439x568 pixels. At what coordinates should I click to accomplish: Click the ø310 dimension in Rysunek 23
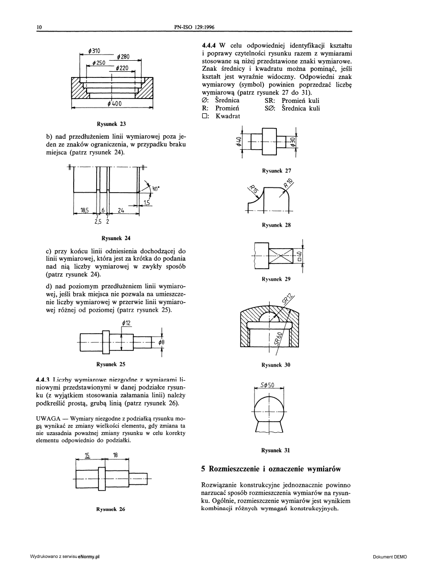[93, 50]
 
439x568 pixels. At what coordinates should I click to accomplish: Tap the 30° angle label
[156, 189]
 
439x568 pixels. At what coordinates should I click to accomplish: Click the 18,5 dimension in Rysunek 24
[84, 210]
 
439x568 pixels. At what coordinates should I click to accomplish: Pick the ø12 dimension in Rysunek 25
[126, 323]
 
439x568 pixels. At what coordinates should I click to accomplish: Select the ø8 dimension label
[162, 342]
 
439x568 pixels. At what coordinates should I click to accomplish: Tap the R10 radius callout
[288, 183]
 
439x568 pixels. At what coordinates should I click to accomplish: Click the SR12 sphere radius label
[287, 299]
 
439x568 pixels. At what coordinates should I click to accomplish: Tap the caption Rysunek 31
[275, 450]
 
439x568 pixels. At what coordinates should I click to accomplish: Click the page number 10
[40, 28]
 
